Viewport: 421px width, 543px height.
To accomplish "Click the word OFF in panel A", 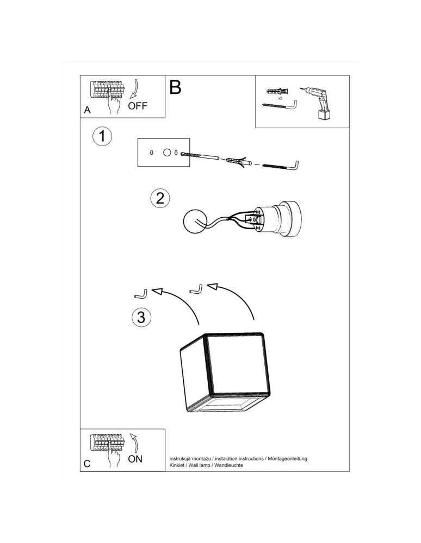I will pos(138,106).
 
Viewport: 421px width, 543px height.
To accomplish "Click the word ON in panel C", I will pos(135,459).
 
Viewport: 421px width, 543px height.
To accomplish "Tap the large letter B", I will pos(175,87).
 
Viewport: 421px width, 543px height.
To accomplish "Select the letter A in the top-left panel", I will pos(87,110).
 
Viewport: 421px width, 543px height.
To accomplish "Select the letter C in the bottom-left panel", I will pos(87,464).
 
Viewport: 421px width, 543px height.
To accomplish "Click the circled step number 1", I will pos(102,136).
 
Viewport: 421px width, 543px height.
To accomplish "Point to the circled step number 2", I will pos(160,198).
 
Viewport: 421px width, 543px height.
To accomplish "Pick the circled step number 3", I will pos(141,317).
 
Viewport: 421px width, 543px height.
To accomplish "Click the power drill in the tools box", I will pos(320,103).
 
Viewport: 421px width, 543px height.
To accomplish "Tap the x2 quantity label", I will pos(280,99).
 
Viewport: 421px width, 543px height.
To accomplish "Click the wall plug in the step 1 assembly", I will pos(235,161).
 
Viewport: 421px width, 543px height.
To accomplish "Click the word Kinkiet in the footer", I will pos(178,466).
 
